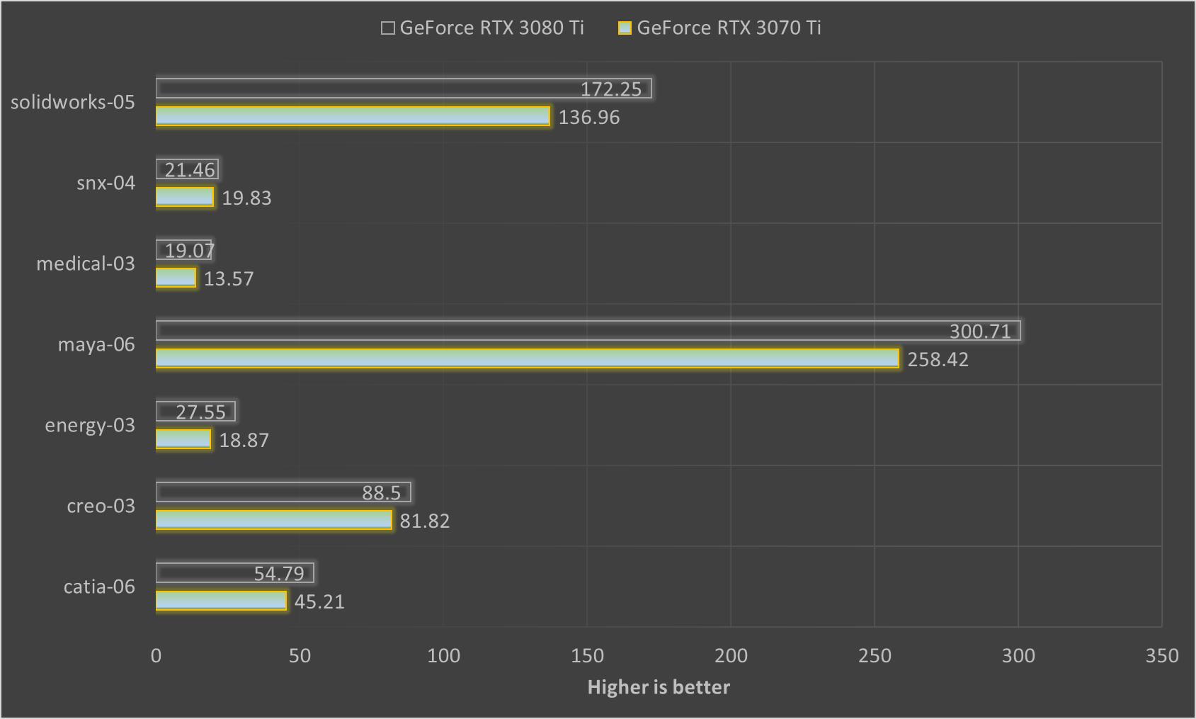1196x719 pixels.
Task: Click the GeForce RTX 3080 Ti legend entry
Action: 482,28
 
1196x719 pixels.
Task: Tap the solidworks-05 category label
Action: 73,103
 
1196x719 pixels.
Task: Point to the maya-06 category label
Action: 96,345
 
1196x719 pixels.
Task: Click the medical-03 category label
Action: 86,264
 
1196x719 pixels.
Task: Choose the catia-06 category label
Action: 99,587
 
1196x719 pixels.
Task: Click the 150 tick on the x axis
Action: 587,656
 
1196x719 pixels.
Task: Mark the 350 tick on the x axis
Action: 1161,656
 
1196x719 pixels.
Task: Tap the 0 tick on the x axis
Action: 156,656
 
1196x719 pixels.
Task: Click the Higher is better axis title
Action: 659,687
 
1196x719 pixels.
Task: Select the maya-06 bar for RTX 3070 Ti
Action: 527,358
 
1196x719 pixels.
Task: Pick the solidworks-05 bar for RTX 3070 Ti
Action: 353,116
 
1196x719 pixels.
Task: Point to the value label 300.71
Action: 980,332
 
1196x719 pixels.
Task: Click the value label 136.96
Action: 589,118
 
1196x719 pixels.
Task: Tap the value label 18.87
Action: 244,441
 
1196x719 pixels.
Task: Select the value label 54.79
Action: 279,574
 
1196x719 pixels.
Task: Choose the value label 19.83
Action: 246,198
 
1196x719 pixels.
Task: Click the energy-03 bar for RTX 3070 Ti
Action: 183,439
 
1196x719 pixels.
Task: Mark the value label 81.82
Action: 425,521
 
